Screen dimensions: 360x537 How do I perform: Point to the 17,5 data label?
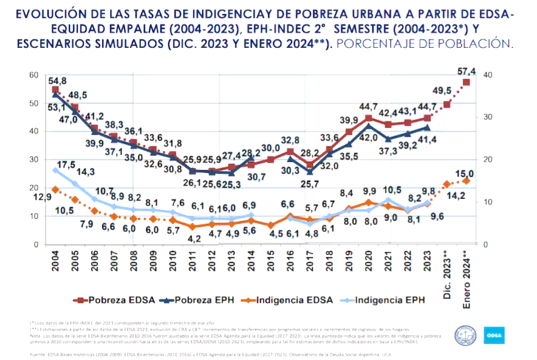(x=66, y=163)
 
